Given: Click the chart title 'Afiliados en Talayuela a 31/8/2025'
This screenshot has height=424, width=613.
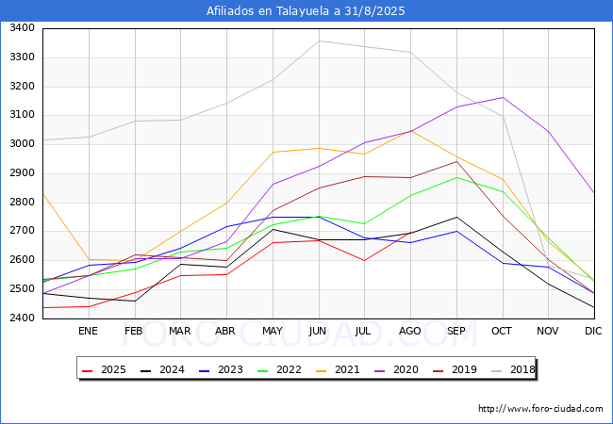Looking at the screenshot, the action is [x=306, y=11].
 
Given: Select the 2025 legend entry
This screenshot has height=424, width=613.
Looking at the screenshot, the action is [x=104, y=369].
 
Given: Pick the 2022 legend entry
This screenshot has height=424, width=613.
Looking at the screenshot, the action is [x=279, y=369].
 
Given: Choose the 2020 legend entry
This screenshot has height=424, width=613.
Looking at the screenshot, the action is [x=396, y=369].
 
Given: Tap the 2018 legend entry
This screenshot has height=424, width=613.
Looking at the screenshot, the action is [x=513, y=369].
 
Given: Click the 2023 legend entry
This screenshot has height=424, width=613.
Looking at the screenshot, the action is [x=221, y=369].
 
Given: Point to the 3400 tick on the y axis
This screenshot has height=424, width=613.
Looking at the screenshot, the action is [x=23, y=28].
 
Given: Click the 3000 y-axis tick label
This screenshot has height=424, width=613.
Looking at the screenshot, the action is [x=23, y=143].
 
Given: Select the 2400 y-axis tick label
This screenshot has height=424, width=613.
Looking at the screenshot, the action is [x=23, y=318].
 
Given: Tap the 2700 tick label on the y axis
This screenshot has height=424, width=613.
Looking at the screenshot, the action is [x=23, y=231].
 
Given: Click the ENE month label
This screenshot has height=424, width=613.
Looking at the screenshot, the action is [x=88, y=331].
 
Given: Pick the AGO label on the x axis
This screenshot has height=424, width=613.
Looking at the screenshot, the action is [x=409, y=331].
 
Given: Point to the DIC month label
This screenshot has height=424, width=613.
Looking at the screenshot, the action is [x=593, y=331].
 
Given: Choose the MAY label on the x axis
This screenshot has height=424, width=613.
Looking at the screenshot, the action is [x=273, y=331].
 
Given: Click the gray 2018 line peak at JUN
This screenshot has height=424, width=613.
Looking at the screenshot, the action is [x=319, y=41].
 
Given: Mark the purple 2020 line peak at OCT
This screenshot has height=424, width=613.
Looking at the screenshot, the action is [x=503, y=97].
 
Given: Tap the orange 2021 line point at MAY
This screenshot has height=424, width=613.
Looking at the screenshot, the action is [x=273, y=152].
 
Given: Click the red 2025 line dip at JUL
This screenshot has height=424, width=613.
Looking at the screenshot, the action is [x=364, y=260].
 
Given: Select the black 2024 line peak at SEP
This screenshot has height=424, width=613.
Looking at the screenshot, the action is [x=456, y=217].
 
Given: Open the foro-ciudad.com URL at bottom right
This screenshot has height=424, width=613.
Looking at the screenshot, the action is [x=540, y=409].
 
